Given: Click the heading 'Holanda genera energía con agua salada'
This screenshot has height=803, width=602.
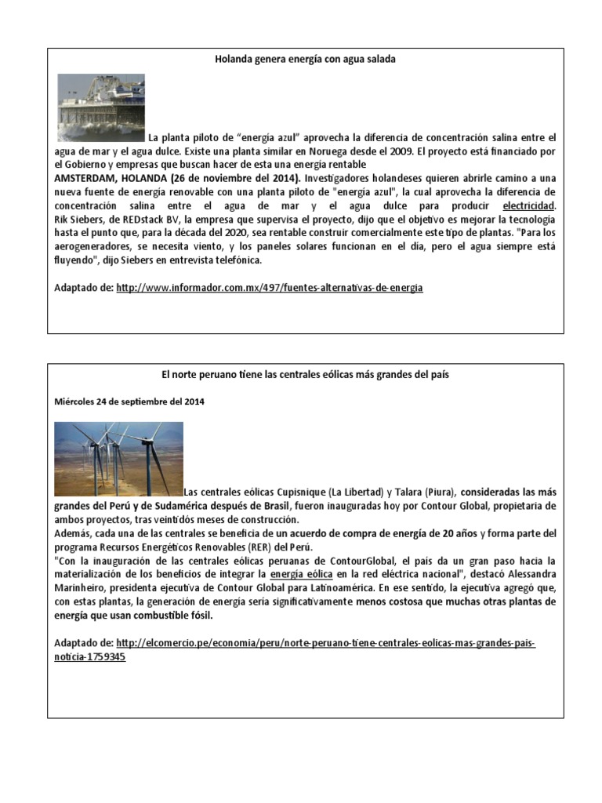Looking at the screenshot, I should coord(305,60).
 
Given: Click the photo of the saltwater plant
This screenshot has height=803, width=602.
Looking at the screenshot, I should coord(101,107).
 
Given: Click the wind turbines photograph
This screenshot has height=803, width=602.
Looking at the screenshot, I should coord(118,459).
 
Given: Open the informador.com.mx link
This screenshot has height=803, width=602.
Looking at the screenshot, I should coord(269,288).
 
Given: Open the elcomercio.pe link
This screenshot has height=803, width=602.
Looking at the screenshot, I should coord(325,643).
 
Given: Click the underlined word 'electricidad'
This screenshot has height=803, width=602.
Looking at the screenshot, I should coord(528,205).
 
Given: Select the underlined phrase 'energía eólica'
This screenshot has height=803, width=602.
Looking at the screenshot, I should coord(301,575).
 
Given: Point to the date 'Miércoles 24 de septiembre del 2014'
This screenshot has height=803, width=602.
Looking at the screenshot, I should coord(129,401).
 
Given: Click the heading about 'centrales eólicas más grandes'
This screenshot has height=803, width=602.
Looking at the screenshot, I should coord(305,375).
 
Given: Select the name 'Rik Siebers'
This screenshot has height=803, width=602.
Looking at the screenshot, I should coord(80,220).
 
